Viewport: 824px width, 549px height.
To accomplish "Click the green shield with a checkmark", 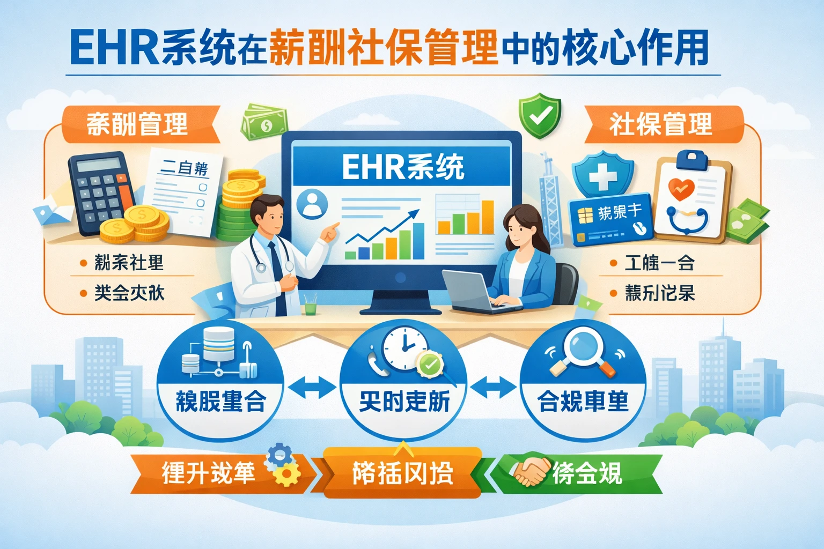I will click(540, 115).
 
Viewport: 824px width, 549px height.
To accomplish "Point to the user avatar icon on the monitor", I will click(312, 204).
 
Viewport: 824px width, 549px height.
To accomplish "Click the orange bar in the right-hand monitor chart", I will click(487, 217).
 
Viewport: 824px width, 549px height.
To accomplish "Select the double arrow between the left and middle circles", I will click(312, 387).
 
